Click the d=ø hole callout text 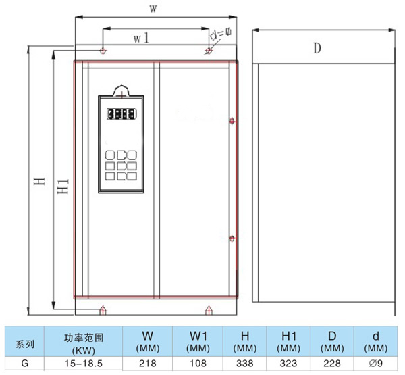(221, 32)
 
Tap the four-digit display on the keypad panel (122, 114)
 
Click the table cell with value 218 (146, 364)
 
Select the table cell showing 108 (196, 364)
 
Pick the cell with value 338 (242, 364)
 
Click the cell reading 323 (288, 364)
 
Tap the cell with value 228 (333, 364)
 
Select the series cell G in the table (25, 364)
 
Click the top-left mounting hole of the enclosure (103, 51)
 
